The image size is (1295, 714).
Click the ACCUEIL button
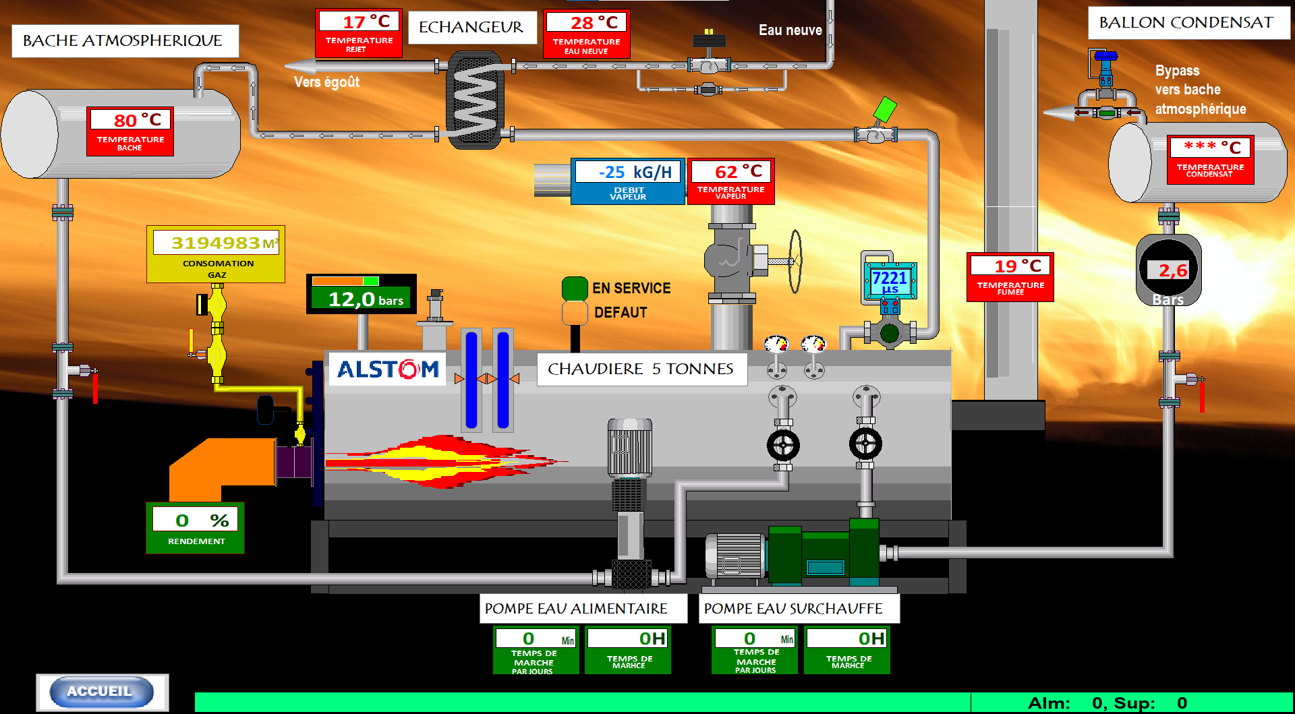point(100,692)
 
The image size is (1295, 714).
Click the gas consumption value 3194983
point(216,243)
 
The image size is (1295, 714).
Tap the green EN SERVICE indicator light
point(575,288)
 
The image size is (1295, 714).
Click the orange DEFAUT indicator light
point(575,312)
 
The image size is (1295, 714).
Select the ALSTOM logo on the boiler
point(388,369)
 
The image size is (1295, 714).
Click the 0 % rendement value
point(196,520)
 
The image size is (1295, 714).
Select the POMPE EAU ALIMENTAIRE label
point(576,608)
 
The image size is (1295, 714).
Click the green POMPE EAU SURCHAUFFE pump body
point(823,553)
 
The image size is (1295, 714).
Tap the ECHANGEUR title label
point(471,27)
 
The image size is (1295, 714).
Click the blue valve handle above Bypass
point(1105,56)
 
